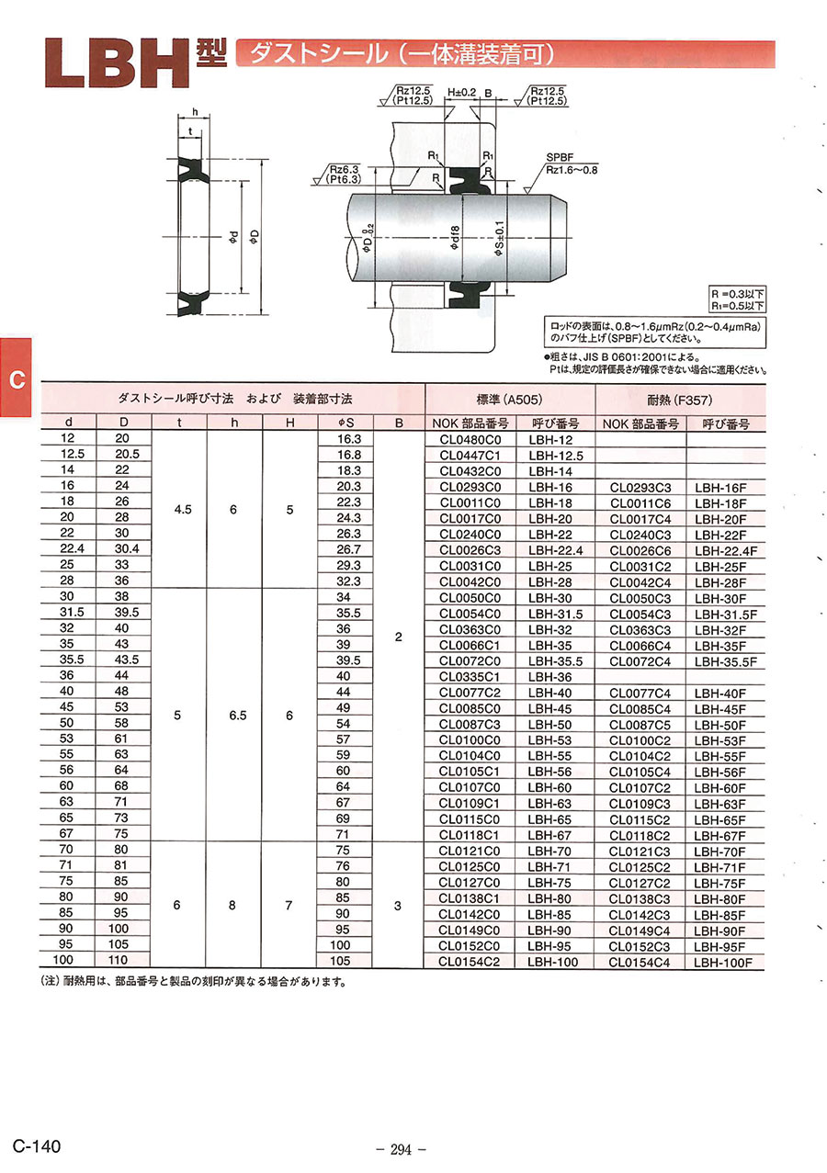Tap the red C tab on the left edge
point(16,379)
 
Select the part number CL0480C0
point(470,439)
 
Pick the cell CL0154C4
point(640,963)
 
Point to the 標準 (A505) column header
point(509,400)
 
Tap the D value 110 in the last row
point(123,960)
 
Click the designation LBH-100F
point(723,963)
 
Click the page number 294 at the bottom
point(402,1149)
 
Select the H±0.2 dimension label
point(461,93)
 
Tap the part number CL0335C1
point(470,677)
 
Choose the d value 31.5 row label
point(66,612)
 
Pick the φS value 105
point(341,961)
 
